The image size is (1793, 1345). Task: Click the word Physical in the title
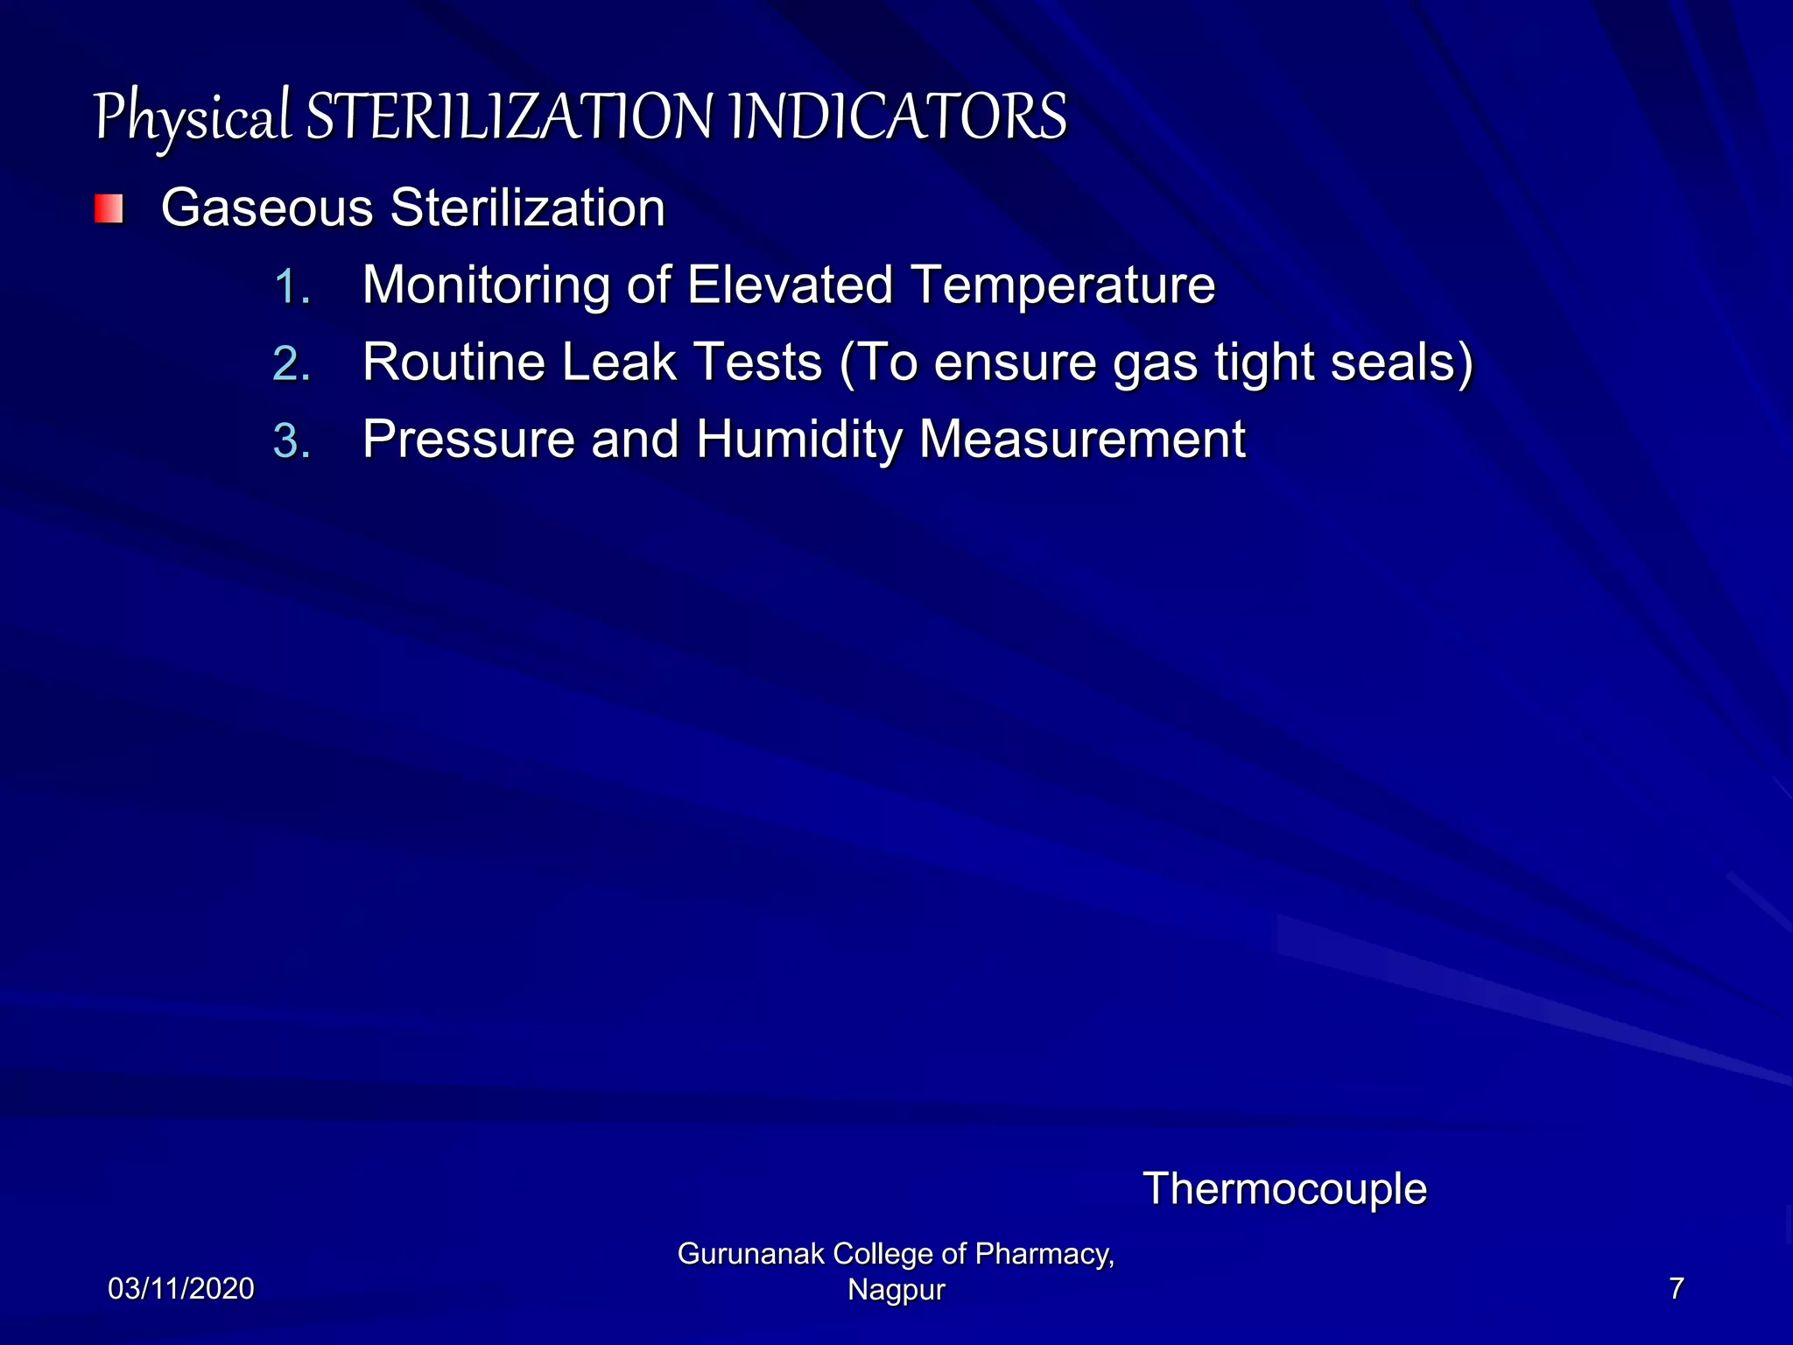(x=191, y=118)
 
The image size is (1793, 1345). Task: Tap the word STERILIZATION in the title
(x=510, y=118)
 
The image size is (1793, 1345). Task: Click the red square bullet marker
(x=109, y=209)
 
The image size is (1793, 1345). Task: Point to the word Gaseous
(x=267, y=208)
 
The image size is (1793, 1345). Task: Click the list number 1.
(x=292, y=287)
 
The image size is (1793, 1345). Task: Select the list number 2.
(x=292, y=364)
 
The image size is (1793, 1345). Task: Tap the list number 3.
(x=292, y=441)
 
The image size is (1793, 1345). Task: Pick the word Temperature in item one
(x=1063, y=286)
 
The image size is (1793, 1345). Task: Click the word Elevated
(x=790, y=285)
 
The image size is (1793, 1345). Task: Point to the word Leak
(x=618, y=363)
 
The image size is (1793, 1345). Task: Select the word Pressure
(x=468, y=440)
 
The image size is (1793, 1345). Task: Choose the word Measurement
(x=1082, y=440)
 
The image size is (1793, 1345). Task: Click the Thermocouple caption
(x=1284, y=1190)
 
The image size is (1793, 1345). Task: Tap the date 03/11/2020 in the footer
(x=181, y=1289)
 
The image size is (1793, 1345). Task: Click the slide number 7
(x=1676, y=1289)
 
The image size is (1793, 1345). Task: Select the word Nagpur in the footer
(x=896, y=1290)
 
